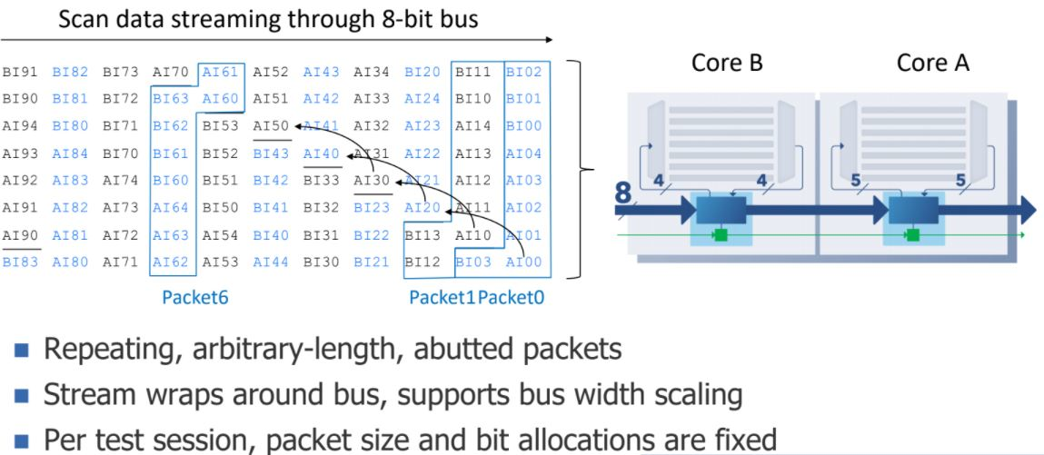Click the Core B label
click(727, 63)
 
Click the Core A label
click(932, 63)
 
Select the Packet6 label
click(194, 296)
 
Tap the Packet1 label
click(442, 296)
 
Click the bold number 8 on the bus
click(623, 193)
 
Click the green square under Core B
click(721, 236)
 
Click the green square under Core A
click(912, 235)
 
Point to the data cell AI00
click(523, 262)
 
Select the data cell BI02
click(523, 71)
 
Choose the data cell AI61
click(221, 71)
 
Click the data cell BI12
click(423, 262)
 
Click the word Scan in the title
click(84, 19)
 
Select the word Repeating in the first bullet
click(113, 350)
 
